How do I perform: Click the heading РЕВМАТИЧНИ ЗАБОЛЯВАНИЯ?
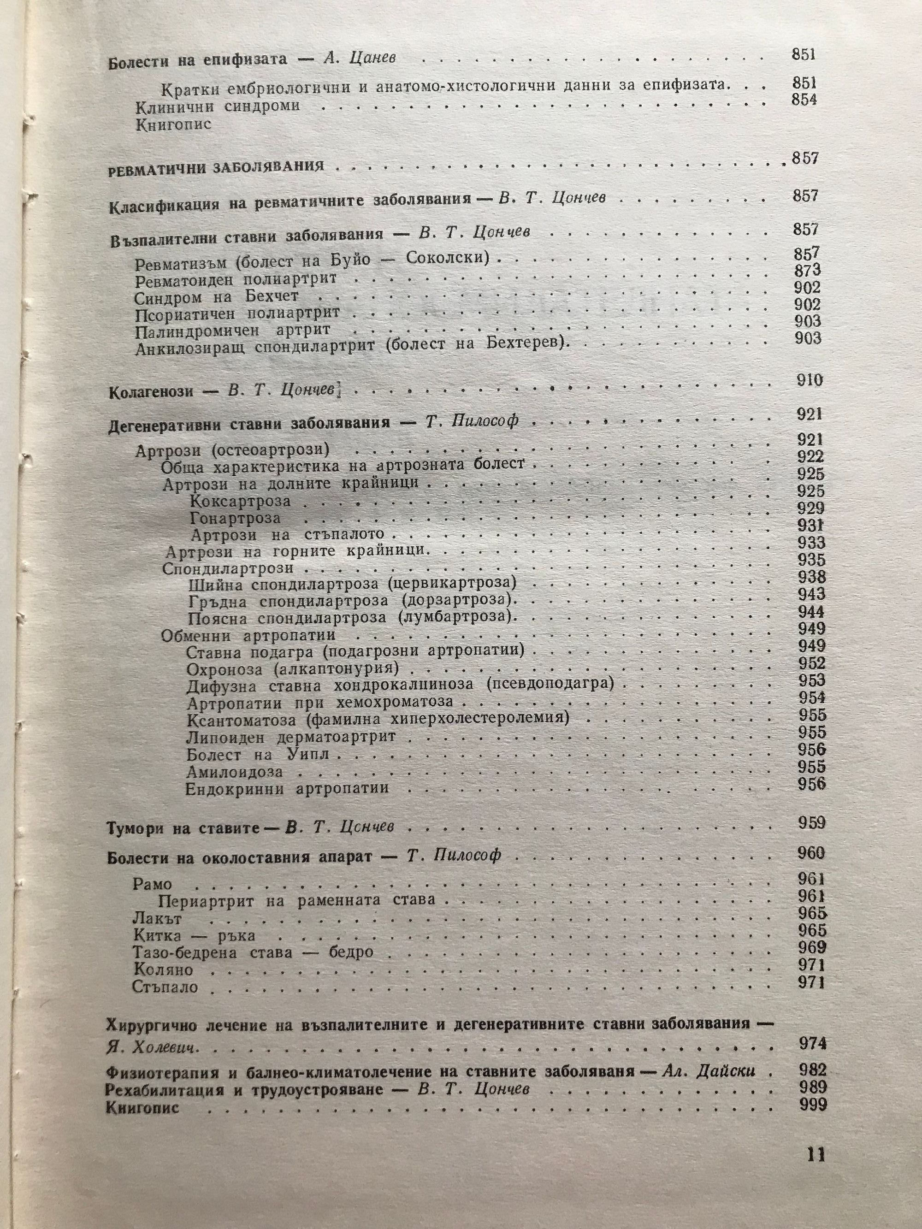coord(216,167)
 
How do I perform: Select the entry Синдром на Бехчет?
coord(216,297)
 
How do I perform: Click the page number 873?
coord(807,271)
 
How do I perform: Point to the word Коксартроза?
coord(240,502)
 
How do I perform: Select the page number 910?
coord(809,381)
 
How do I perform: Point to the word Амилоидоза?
coord(235,772)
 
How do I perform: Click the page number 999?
coord(813,1105)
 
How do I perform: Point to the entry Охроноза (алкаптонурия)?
coord(293,668)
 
